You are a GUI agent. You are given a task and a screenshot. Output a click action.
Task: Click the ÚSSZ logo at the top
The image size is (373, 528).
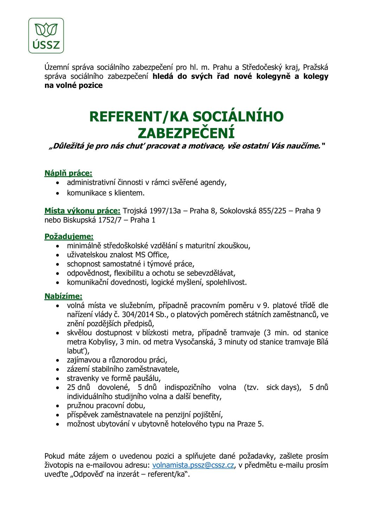46,36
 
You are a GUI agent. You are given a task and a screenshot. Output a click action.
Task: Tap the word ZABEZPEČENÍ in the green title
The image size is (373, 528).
186,133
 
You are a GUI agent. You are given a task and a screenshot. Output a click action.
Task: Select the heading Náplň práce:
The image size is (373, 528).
68,173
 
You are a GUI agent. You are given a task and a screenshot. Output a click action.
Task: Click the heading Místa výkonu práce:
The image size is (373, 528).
82,211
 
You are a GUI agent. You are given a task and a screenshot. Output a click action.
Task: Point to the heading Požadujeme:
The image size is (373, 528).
69,236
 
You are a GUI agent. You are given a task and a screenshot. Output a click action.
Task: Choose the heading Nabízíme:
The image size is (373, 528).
63,296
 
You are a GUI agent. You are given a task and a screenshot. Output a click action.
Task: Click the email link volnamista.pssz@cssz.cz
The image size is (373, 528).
193,465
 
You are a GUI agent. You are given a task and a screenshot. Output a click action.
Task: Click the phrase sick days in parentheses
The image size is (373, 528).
283,388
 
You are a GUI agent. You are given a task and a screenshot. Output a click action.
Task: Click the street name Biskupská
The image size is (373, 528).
79,220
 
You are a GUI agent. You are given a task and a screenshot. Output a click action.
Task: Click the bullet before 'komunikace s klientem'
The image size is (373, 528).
58,193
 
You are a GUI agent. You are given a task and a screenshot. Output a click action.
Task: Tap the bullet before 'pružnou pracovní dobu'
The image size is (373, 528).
58,406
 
